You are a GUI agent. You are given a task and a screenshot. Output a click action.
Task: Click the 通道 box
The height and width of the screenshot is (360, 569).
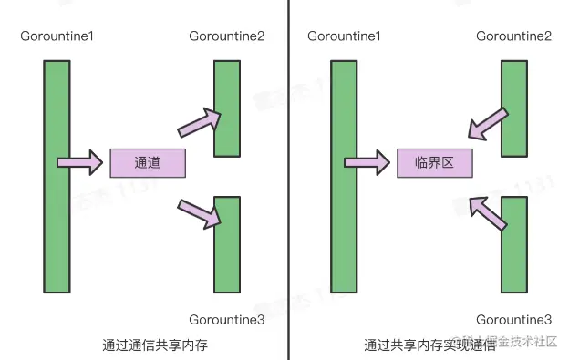(x=147, y=163)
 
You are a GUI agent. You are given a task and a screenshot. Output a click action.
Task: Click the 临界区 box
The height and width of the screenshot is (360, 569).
(x=434, y=163)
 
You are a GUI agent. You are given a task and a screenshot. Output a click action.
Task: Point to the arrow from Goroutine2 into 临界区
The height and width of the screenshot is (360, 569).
(x=486, y=125)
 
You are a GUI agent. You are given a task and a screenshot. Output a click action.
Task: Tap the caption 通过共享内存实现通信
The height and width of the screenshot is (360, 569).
(x=429, y=345)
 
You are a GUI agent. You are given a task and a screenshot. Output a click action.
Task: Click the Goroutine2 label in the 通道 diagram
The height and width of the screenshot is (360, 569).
(x=227, y=36)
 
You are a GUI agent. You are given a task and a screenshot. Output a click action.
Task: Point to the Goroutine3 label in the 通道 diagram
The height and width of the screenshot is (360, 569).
(x=227, y=319)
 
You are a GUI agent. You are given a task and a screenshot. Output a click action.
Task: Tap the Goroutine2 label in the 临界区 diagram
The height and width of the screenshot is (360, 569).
(x=513, y=36)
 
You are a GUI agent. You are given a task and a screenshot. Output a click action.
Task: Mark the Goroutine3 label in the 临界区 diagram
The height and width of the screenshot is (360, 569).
(x=513, y=319)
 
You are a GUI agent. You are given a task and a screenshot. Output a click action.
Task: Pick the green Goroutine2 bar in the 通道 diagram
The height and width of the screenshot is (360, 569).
(x=227, y=108)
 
